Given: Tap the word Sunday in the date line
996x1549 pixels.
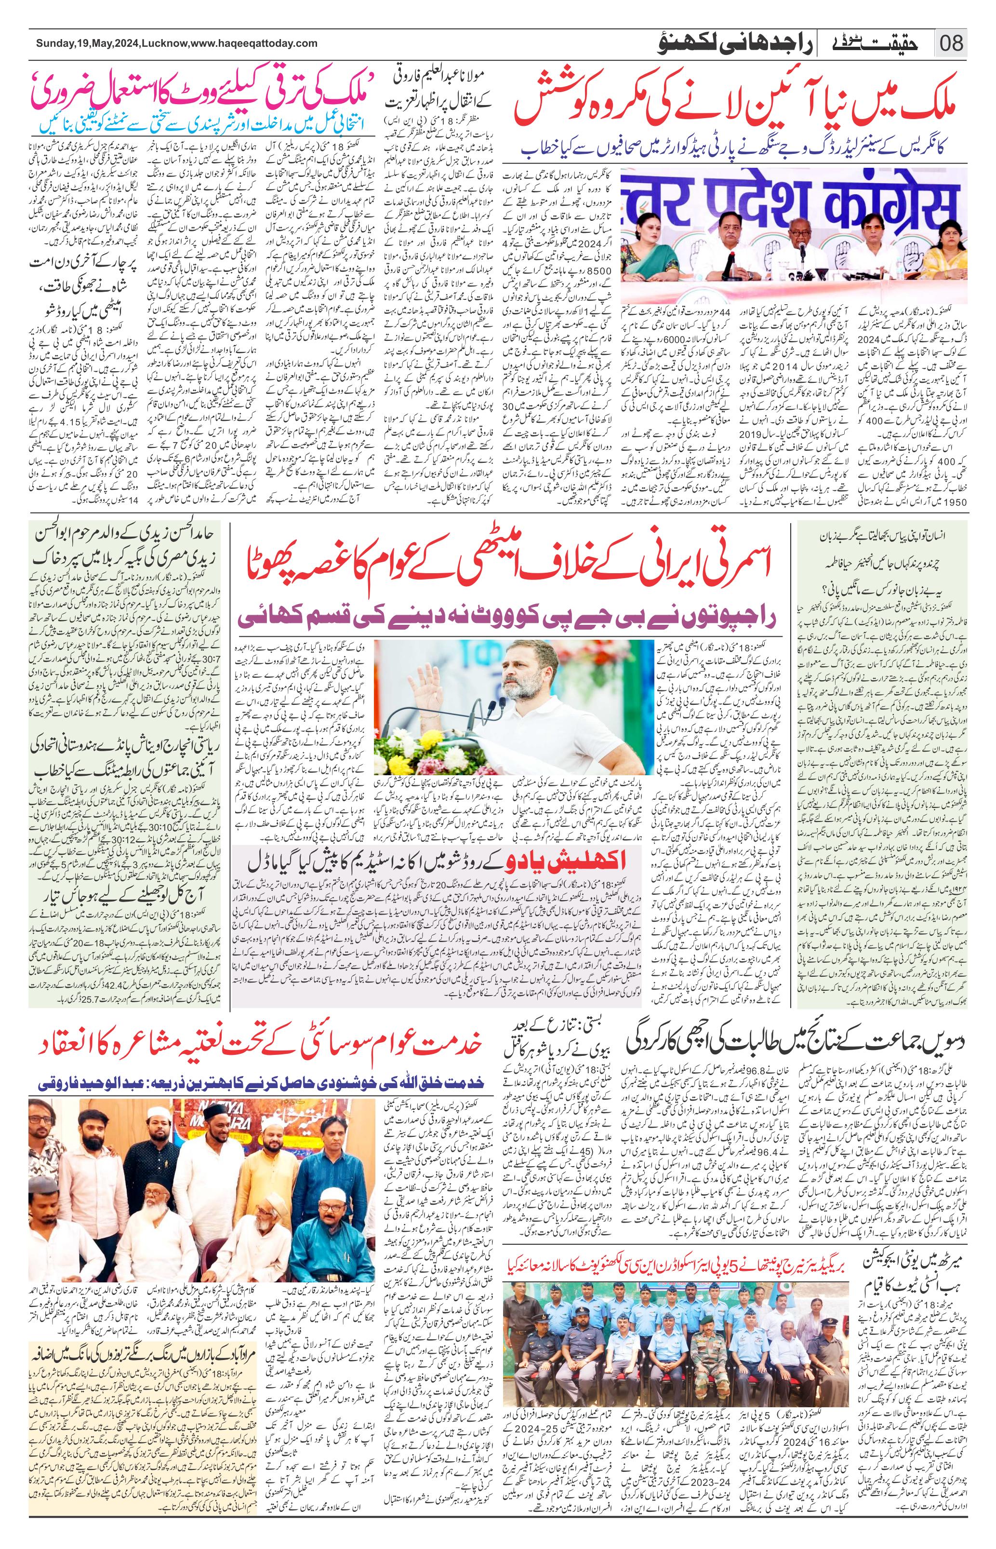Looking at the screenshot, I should click(55, 43).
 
